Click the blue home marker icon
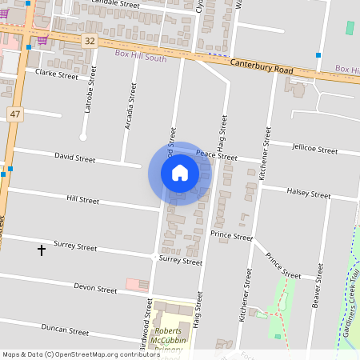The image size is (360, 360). pyautogui.click(x=180, y=173)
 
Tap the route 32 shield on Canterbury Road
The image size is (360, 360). pyautogui.click(x=90, y=40)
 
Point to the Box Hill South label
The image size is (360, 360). pyautogui.click(x=141, y=54)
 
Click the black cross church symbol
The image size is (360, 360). pyautogui.click(x=42, y=250)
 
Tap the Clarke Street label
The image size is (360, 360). pyautogui.click(x=56, y=74)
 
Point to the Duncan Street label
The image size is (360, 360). pyautogui.click(x=65, y=329)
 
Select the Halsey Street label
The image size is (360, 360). pyautogui.click(x=308, y=194)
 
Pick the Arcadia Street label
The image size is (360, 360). pyautogui.click(x=129, y=107)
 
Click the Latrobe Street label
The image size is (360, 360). pyautogui.click(x=90, y=92)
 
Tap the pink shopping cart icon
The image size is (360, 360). pyautogui.click(x=42, y=40)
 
